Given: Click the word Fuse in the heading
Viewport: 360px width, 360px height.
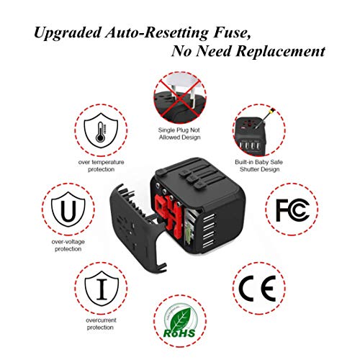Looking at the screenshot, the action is coord(231,32).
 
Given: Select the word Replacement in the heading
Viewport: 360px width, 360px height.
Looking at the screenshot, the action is coord(280,51).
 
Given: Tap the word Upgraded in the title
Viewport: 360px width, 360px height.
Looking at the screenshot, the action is coord(68,33).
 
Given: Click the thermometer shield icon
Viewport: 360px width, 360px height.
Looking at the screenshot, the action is coord(101,130).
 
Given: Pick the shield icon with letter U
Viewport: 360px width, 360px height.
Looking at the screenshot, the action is coord(68,209).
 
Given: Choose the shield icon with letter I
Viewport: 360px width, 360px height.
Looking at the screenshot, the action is coord(102,288).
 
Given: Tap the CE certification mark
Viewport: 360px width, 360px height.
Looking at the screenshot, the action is coord(258,288).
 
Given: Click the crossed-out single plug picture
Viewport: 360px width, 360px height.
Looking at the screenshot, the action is coord(180,98).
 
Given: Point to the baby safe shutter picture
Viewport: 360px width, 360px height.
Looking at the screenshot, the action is coord(259,130).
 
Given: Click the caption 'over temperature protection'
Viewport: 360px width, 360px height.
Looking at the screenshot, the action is coord(101,166).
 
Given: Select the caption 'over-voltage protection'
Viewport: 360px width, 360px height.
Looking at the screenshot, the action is coord(68,245).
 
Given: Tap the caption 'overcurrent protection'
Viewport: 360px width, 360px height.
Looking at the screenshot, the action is coord(101,323).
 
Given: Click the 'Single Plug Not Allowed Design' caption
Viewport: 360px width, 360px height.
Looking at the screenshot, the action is coord(179,133).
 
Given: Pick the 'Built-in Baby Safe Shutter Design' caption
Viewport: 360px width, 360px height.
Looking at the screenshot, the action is coord(259,166).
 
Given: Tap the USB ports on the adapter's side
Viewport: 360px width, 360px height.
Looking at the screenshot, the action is coord(208,230).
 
